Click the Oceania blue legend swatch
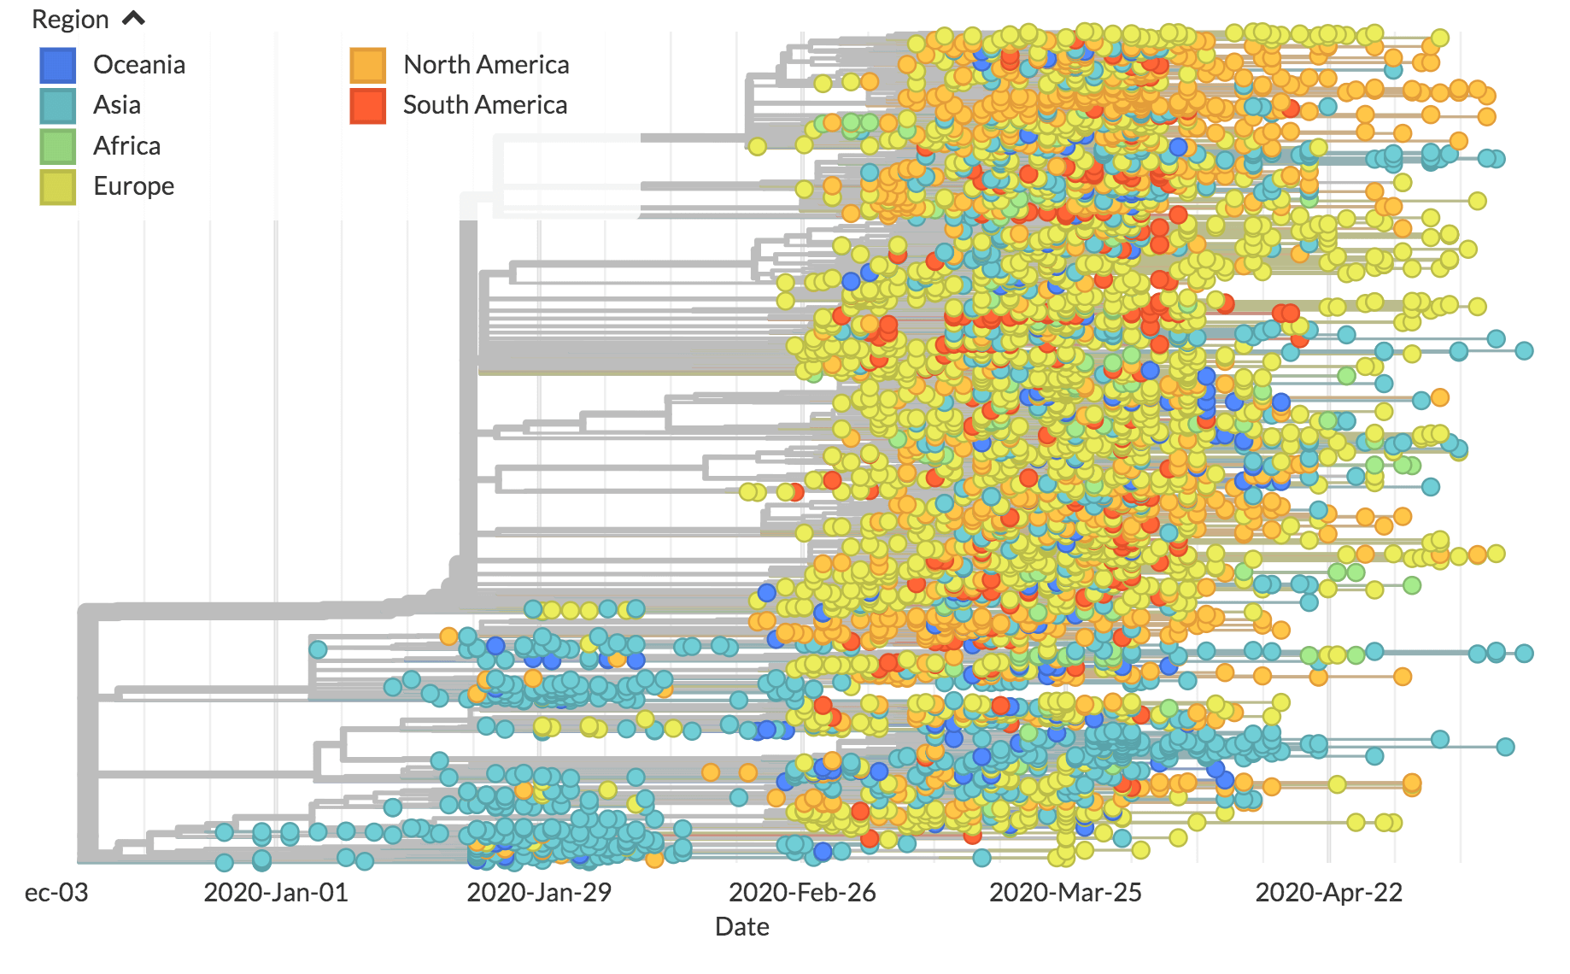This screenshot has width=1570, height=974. click(x=58, y=65)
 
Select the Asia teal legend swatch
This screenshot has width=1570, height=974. click(x=58, y=106)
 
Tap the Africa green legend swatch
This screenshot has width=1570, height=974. click(x=58, y=146)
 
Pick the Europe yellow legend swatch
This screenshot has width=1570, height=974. click(x=58, y=186)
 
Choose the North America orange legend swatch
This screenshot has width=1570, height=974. click(x=367, y=65)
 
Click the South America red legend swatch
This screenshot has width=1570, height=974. click(x=367, y=106)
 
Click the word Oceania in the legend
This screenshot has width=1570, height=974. click(x=139, y=65)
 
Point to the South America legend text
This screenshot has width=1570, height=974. click(x=485, y=105)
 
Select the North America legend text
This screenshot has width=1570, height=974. click(x=486, y=65)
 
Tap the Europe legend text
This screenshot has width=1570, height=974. click(x=134, y=186)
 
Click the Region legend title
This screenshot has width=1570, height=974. click(x=70, y=20)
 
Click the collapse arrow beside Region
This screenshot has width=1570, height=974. click(x=134, y=18)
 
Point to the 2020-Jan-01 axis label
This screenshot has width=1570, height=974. click(x=276, y=893)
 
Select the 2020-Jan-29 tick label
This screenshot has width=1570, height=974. click(x=539, y=893)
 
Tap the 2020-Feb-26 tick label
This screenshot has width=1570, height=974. click(x=802, y=893)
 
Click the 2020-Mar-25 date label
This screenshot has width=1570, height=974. click(x=1065, y=893)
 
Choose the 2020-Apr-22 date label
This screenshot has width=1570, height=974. click(x=1328, y=893)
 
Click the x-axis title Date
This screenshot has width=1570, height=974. click(x=741, y=927)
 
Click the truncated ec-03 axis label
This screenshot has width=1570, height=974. click(x=56, y=893)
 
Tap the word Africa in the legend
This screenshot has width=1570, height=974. click(x=127, y=146)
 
